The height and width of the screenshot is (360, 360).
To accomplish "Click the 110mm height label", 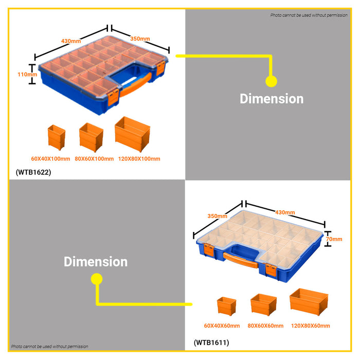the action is (27, 75).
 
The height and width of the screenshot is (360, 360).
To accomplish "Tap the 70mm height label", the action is (334, 239).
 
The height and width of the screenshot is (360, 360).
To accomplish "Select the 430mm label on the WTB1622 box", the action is (71, 41).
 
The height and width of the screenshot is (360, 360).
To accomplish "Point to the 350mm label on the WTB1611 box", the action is (217, 216).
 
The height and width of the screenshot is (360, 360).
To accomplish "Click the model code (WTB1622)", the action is (33, 172).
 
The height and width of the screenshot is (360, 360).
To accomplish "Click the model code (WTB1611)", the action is (211, 343).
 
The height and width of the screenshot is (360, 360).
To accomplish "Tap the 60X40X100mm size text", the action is (50, 158).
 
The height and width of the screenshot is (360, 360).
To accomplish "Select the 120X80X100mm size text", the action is (139, 158).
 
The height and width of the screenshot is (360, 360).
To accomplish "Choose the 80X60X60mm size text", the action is (265, 326).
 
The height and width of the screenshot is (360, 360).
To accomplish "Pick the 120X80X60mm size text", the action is (311, 326).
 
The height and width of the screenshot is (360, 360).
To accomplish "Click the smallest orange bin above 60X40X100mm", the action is (57, 137).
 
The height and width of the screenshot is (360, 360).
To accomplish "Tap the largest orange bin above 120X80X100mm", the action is (133, 134).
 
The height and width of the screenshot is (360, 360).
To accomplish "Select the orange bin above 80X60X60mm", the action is (263, 304).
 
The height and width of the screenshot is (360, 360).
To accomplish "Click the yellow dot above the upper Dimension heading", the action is (271, 81).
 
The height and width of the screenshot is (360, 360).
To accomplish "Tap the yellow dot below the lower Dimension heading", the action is (97, 279).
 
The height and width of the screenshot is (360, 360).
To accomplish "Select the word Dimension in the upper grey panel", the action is (272, 99).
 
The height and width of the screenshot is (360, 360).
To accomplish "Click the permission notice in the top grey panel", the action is (309, 15).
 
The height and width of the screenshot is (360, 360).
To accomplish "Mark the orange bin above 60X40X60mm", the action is (227, 306).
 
